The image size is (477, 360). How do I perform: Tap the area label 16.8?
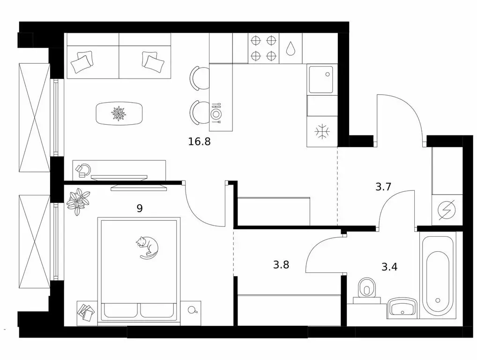coord(199,142)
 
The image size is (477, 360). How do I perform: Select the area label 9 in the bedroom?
coord(140,209)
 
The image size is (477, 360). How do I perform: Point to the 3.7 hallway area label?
coord(383,187)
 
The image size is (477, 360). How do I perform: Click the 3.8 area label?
coord(281,265)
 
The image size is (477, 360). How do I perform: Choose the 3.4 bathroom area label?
coord(389,267)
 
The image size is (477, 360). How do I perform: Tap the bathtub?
coord(438,275)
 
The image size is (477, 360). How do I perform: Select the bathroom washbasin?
coord(402,307)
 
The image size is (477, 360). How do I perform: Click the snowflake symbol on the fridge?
coord(322,132)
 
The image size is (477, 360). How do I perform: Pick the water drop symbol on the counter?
coord(291,48)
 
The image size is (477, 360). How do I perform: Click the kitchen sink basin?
coord(321,80)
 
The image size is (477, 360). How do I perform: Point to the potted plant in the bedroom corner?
coord(79,202)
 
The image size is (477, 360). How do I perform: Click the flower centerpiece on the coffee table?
coord(119,113)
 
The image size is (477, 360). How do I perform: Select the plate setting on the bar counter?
coord(216,114)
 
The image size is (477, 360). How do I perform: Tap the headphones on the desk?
coord(83,170)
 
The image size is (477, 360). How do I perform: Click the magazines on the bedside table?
coord(86,312)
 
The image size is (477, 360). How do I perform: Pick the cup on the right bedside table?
coord(192,310)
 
